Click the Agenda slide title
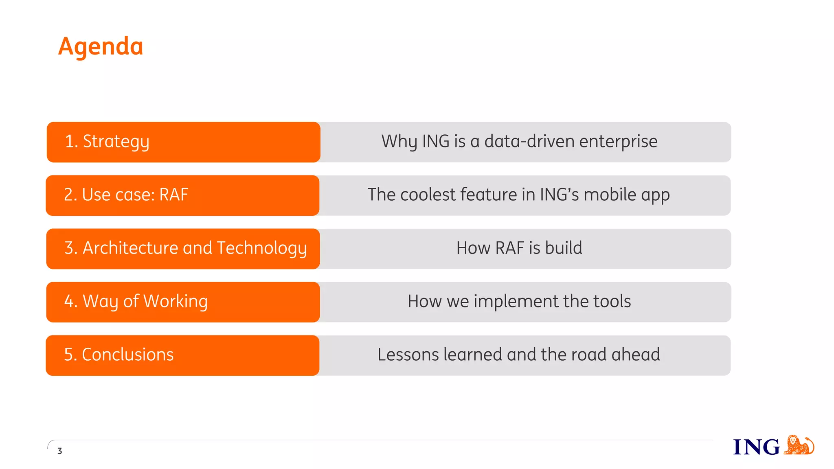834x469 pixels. (101, 46)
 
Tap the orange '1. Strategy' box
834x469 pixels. (183, 142)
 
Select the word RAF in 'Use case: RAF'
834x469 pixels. (174, 195)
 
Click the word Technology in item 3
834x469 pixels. (261, 248)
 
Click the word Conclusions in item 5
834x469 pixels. (127, 355)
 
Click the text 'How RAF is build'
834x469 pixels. (519, 248)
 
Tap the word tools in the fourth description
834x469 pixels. (612, 301)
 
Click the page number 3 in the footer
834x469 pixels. (60, 451)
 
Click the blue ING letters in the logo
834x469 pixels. (756, 447)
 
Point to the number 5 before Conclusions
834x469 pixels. (68, 355)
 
